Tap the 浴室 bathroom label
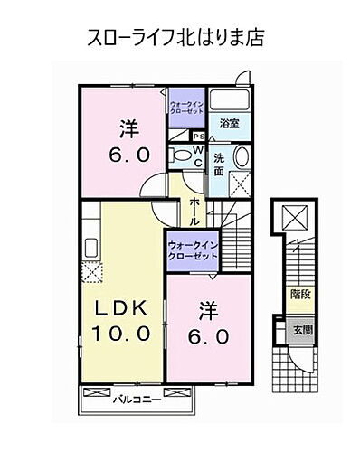229,126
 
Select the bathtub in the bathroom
231,100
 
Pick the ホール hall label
194,209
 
